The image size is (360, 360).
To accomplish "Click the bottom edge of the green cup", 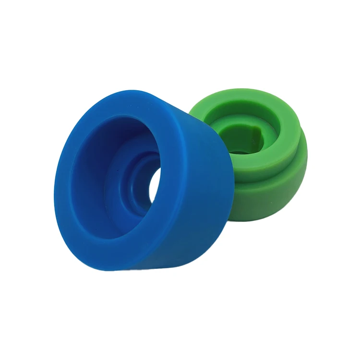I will coord(259,222).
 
